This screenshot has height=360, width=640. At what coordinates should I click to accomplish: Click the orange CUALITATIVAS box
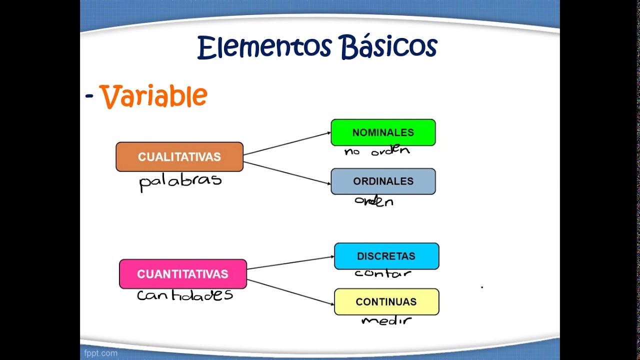coord(179,157)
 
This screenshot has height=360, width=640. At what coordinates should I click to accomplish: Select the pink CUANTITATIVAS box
coord(183,274)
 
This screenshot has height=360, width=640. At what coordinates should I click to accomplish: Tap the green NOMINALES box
coord(383,132)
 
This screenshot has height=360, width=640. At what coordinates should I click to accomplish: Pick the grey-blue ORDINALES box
coord(383,181)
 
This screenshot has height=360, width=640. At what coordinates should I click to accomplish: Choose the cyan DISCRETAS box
coord(386,256)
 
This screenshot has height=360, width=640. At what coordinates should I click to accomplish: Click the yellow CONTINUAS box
coord(386,302)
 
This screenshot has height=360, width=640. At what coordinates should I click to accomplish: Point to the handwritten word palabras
coord(180,181)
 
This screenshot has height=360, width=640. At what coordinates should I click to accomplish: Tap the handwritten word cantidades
coord(185,295)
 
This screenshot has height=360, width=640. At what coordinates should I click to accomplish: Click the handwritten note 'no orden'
coord(377,150)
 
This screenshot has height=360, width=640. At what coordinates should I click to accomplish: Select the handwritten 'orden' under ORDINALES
coord(374,201)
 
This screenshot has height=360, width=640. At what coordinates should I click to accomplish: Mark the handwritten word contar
coord(383,273)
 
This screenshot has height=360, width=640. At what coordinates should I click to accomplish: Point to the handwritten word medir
coord(386,320)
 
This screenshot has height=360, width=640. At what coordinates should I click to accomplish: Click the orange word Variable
coord(153,96)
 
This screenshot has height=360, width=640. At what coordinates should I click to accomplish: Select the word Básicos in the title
coord(388,47)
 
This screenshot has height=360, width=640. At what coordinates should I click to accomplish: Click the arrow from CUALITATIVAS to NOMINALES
coord(287,144)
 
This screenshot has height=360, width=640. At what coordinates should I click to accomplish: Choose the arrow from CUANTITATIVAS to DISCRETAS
coord(290,263)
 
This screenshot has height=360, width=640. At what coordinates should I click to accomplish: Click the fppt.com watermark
coord(101,353)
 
